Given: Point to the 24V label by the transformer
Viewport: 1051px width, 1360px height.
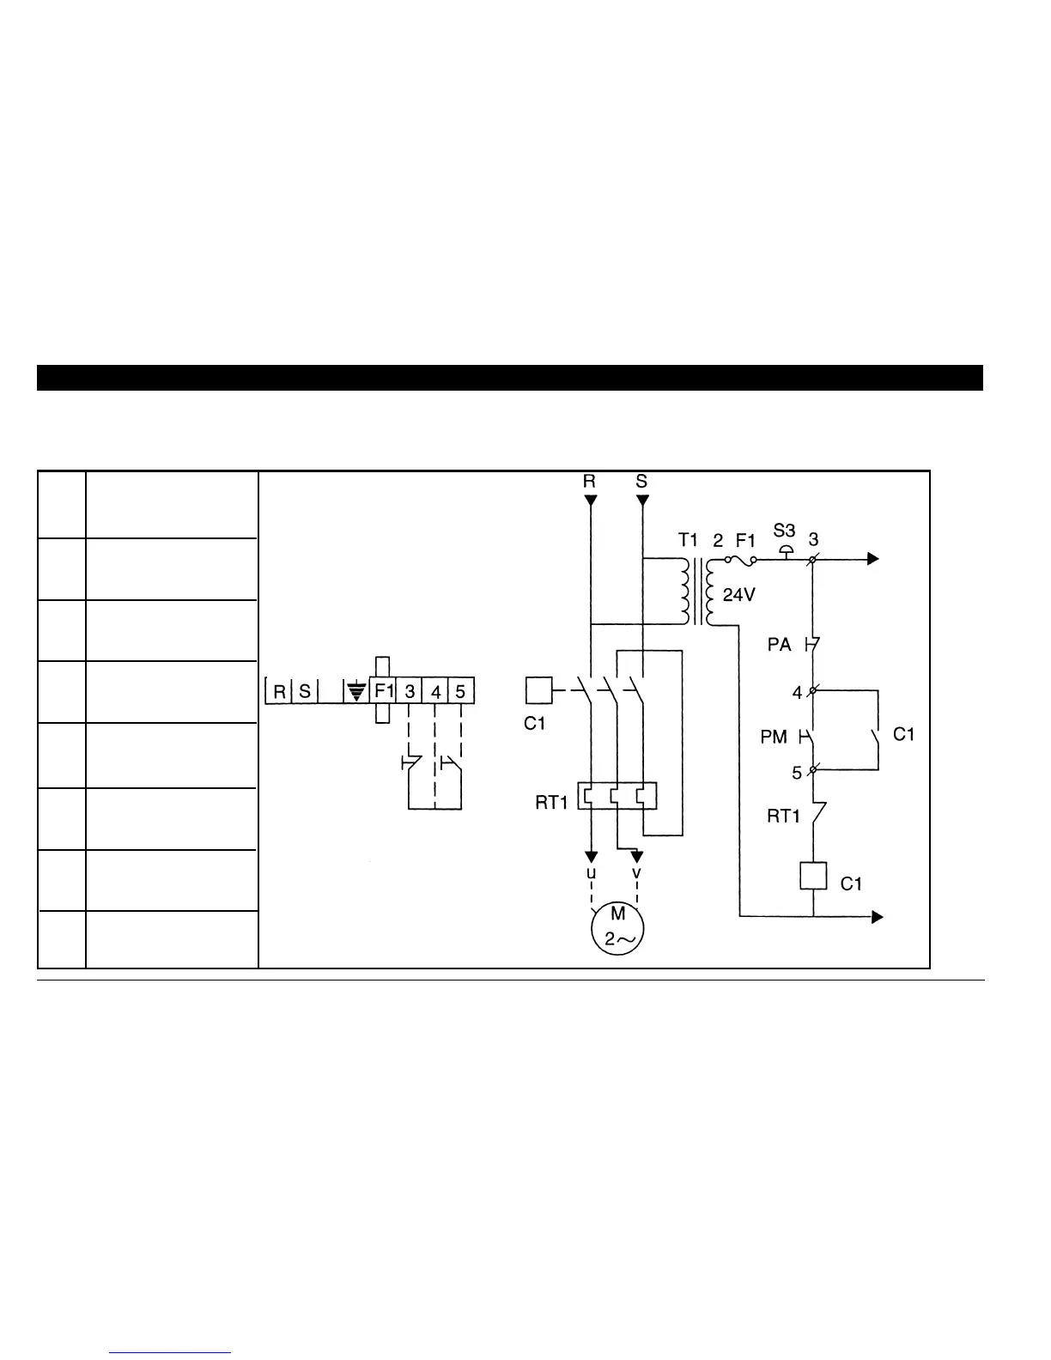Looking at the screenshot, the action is click(x=738, y=594).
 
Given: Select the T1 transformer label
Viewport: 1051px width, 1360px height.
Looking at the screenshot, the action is click(x=689, y=540).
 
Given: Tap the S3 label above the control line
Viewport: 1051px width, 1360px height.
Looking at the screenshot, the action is click(x=784, y=531).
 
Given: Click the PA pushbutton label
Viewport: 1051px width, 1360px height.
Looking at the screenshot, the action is click(x=779, y=644).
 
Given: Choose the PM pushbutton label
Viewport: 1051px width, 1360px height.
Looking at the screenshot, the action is click(x=774, y=737).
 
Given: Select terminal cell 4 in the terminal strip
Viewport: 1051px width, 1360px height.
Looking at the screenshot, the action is click(x=435, y=690).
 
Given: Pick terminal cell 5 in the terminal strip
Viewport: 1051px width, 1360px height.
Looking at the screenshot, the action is click(x=461, y=690).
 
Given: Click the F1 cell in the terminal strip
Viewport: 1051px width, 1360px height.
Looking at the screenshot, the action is click(x=383, y=690).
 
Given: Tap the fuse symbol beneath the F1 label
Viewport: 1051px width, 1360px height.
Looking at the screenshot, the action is click(x=741, y=560).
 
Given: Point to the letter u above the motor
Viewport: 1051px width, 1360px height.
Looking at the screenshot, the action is click(x=590, y=872).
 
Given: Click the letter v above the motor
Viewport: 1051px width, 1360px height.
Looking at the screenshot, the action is click(x=636, y=872).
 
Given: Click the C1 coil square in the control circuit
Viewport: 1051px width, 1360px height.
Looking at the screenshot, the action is click(x=812, y=876).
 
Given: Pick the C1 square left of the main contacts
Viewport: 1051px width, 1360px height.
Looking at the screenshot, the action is click(x=538, y=690).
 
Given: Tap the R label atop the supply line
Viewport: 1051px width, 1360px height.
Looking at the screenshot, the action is click(x=589, y=482).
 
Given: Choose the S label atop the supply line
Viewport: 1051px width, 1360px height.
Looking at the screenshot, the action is click(x=642, y=482).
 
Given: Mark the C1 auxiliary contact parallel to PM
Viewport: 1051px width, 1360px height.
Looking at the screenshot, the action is click(x=878, y=736).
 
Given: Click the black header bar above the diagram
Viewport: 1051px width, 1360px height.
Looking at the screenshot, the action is click(x=509, y=378).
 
